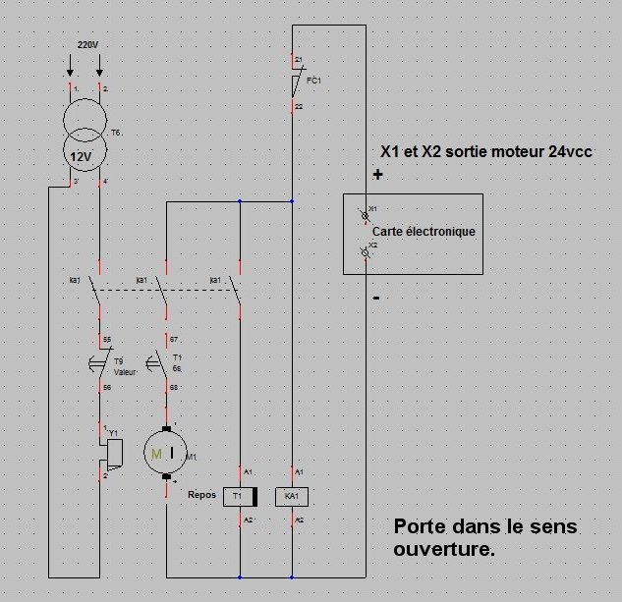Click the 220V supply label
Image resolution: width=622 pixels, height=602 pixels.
coord(87,46)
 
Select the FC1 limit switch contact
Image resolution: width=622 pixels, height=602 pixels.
coord(294,82)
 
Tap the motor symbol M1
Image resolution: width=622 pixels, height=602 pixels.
coord(160,453)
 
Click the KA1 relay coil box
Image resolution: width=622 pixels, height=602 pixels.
coord(292,496)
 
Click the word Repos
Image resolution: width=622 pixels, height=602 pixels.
coord(201,495)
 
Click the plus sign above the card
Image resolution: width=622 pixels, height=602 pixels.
coord(376,175)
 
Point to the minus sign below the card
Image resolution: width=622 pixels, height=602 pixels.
coord(376,296)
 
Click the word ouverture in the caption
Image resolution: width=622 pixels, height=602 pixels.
coord(443,550)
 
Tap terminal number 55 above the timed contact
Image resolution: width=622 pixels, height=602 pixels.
coord(107,340)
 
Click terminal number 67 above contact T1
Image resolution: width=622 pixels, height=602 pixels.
coord(173,340)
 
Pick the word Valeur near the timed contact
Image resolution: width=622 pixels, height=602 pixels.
coord(125,373)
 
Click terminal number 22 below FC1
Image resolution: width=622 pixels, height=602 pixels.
coord(300,106)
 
